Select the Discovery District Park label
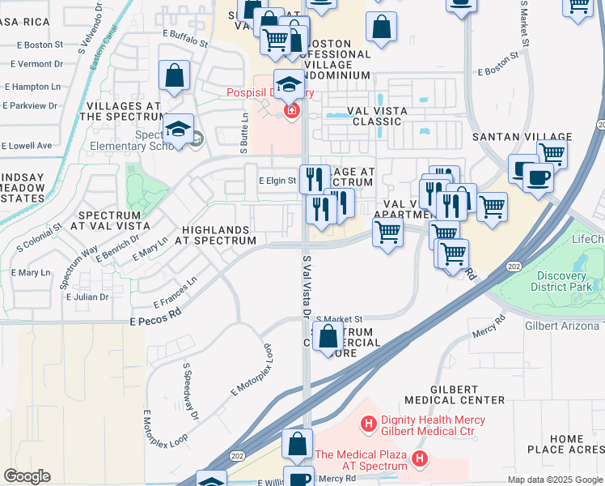(566, 280)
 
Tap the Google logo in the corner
(27, 475)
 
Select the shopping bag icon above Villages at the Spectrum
(175, 77)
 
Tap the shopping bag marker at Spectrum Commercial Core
(328, 337)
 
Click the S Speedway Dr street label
(191, 391)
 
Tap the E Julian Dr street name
(87, 297)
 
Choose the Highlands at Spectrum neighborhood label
(219, 236)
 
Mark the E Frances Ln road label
(175, 293)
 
